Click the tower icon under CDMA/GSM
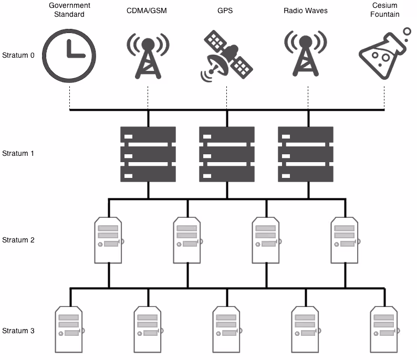point(148,54)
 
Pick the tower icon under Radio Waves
point(305,54)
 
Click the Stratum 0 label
point(18,55)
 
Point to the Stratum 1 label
point(18,154)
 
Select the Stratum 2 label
point(18,240)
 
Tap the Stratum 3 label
point(18,331)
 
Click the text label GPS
point(226,10)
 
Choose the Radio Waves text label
point(305,10)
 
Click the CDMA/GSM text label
point(148,10)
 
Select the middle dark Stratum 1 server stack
point(226,154)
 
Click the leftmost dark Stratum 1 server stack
point(148,154)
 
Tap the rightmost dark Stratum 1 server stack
point(305,154)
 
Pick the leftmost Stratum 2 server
point(109,240)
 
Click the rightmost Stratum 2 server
point(345,240)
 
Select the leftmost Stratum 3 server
point(69,330)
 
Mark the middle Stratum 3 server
point(227,330)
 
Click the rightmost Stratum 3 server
point(384,330)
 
